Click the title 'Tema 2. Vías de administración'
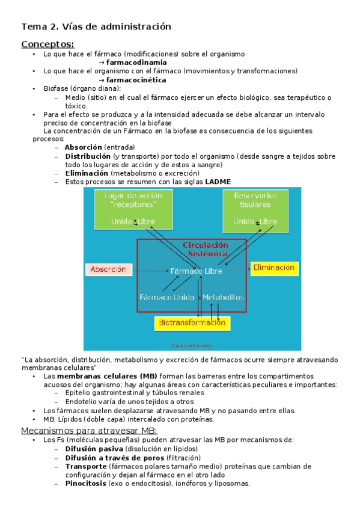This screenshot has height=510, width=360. point(96,26)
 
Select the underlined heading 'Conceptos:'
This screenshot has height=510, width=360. point(47,44)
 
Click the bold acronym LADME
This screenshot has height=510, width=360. point(218,182)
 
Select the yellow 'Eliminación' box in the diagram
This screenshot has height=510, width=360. point(273,267)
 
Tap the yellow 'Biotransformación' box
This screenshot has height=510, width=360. point(192,323)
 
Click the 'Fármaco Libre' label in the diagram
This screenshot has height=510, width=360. point(196,271)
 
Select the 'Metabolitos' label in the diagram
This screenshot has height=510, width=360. point(223,297)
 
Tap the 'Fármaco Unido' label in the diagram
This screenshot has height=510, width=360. point(166,297)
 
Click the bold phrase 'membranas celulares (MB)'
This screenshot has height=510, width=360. point(99,376)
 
